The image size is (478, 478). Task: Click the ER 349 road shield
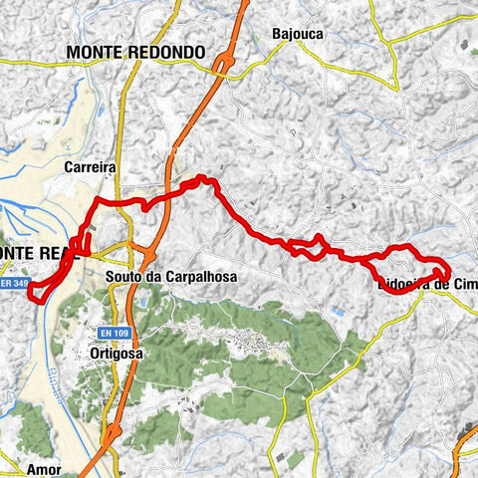[13, 284]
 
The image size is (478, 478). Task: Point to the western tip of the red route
[31, 292]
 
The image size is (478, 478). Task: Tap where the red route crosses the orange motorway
[169, 194]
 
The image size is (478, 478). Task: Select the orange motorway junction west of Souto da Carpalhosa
[132, 249]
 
